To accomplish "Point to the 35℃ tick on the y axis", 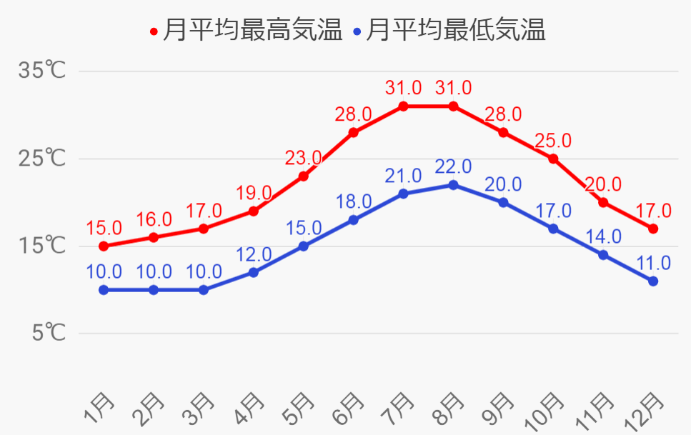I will tap(42, 71).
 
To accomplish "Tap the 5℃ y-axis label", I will tap(49, 333).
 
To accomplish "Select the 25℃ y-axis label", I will tap(42, 159).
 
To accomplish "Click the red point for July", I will tap(404, 106).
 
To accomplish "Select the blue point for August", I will tap(454, 185).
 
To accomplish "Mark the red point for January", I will tap(104, 246).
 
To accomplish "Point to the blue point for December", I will tap(653, 281).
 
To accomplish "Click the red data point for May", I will tap(304, 176).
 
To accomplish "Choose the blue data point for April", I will tap(254, 273).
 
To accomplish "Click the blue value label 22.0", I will tap(454, 167).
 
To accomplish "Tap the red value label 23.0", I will tap(303, 158).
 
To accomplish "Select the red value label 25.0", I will tap(554, 140).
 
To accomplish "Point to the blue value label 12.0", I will tap(254, 254).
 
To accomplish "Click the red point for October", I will tap(553, 159).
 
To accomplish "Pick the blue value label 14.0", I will tap(604, 236).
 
